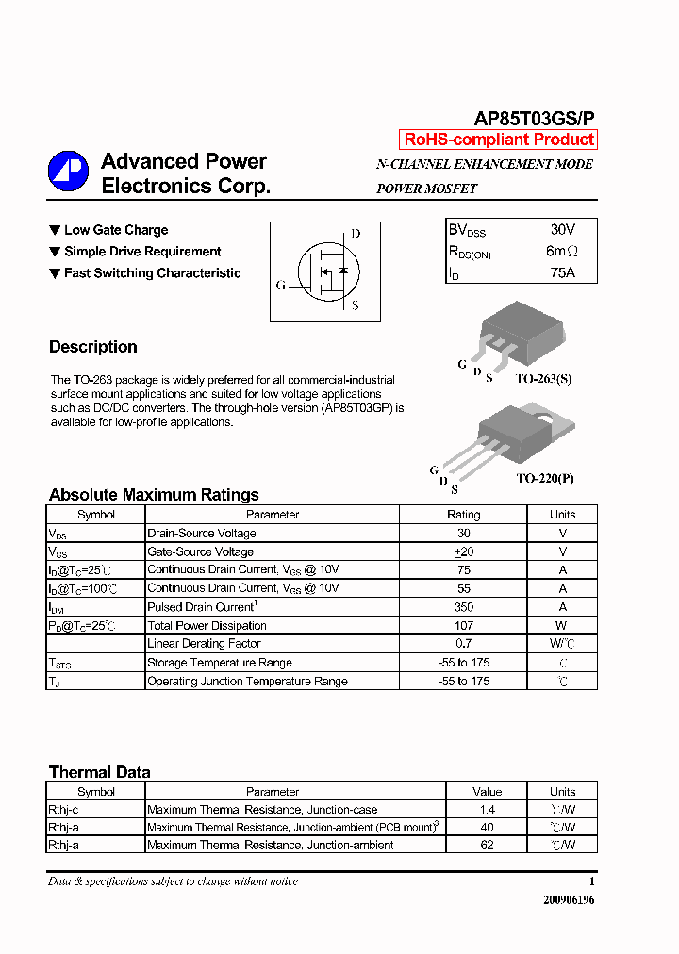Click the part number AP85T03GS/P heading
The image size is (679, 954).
pos(534,119)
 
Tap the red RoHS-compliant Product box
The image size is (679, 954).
pos(498,140)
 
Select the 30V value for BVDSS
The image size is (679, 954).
pos(562,230)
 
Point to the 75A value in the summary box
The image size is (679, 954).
pos(562,273)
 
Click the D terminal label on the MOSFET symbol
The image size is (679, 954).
pos(356,234)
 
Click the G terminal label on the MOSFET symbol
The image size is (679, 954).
pos(280,286)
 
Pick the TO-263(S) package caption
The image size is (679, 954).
pos(543,378)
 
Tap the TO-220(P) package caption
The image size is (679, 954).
pos(544,478)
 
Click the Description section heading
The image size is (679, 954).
pos(93,347)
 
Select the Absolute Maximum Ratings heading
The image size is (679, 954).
pos(154,495)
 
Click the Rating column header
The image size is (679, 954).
pos(463,515)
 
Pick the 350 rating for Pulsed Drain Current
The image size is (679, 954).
pos(463,607)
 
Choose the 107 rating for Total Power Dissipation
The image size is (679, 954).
pos(463,626)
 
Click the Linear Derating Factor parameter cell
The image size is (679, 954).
pos(205,644)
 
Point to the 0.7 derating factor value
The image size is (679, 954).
pos(463,644)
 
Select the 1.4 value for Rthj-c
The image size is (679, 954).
pos(488,810)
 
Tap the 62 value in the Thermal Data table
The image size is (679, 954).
pos(488,846)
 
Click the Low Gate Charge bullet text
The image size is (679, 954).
pos(116,230)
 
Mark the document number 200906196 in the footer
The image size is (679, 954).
pos(569,900)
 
